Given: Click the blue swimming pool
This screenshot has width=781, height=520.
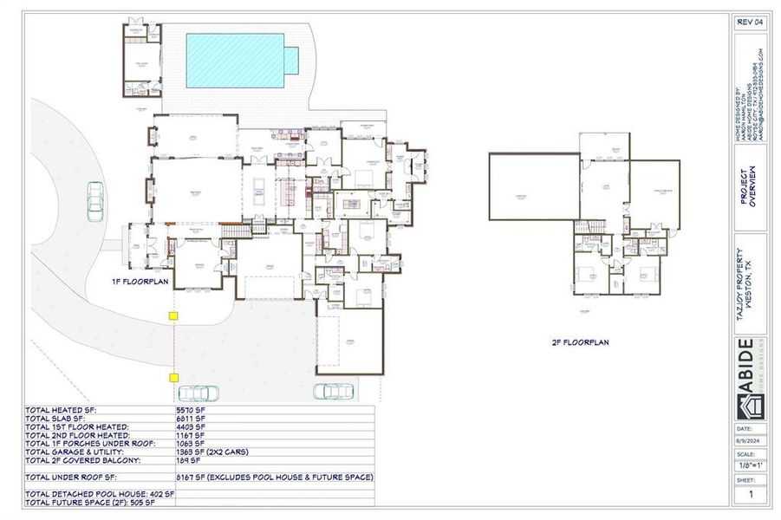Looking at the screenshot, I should pos(236,60).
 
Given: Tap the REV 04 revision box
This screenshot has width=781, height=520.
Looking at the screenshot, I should pos(748,23).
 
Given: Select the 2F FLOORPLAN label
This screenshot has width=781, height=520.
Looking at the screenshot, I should pos(580,342).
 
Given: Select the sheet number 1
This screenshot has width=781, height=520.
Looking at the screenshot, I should pos(750,494).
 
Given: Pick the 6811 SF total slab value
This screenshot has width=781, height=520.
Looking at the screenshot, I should pos(190,419).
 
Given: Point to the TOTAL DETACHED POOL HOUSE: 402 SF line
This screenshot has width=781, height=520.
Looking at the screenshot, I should pos(101,493).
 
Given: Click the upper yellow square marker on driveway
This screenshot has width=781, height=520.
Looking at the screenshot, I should pos(173,316).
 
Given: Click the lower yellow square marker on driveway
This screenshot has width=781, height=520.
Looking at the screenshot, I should pos(173,378).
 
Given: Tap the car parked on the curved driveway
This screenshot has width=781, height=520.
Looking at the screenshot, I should pos(94,201).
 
